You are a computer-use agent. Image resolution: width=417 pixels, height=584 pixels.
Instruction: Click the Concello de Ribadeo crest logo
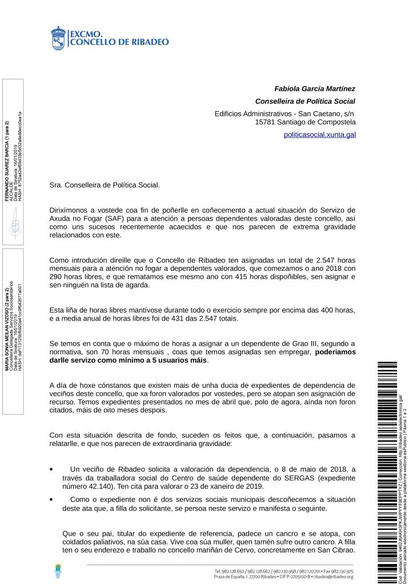[58, 38]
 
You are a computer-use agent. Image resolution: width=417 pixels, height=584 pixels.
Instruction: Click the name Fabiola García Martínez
[315, 89]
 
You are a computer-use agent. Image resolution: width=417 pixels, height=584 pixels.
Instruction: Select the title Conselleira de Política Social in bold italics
[305, 102]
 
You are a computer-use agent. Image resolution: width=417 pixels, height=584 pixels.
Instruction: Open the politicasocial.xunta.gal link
[319, 135]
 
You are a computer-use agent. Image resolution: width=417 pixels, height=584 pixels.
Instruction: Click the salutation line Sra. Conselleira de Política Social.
[105, 185]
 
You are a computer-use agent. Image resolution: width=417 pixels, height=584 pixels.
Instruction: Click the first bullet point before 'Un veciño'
[52, 469]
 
